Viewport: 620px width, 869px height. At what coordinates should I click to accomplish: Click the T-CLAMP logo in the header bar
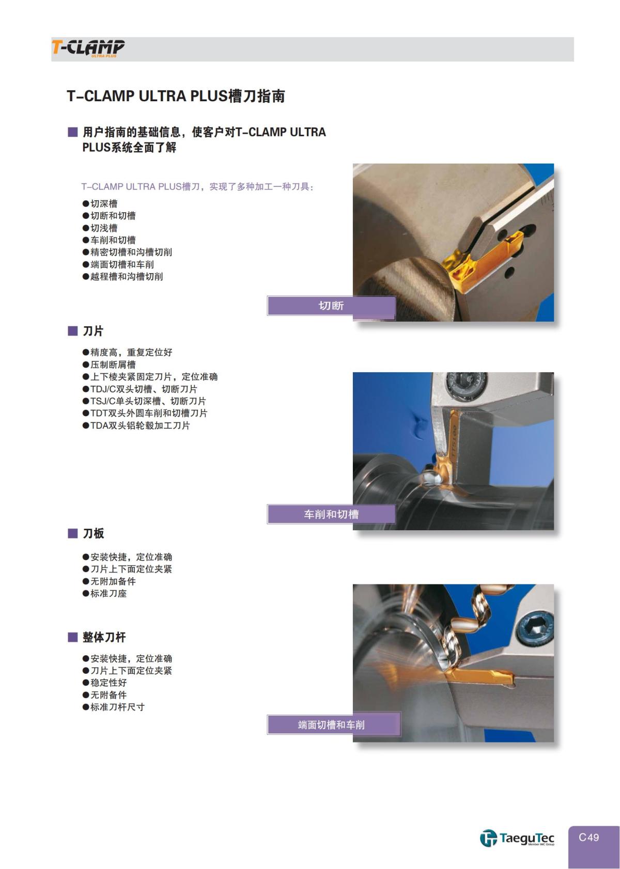[88, 48]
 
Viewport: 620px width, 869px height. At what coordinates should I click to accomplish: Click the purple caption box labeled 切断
[331, 306]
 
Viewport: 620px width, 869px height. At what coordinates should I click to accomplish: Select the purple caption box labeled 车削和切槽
[331, 514]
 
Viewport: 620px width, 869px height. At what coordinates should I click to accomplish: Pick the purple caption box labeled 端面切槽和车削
[331, 725]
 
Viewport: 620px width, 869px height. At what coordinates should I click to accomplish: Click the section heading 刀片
[93, 331]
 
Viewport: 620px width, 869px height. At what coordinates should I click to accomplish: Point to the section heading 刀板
[93, 533]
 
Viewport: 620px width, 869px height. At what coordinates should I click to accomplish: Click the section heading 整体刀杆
[104, 637]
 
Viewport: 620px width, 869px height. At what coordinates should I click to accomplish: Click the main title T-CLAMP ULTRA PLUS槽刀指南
[176, 97]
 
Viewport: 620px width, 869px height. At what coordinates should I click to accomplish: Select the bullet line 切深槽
[104, 203]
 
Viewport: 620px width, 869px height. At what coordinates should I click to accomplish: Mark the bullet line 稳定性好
[108, 683]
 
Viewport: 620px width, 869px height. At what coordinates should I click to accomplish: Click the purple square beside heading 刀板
[72, 533]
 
